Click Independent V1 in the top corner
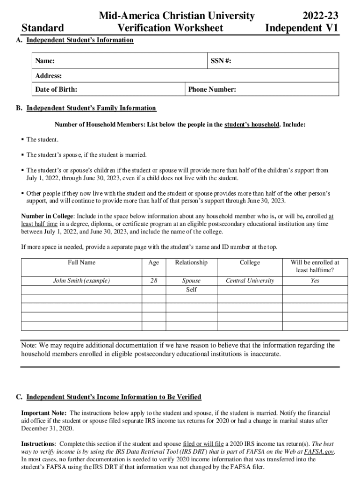coord(302,29)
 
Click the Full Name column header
coord(81,262)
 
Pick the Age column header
coord(153,262)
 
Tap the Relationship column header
coord(191,262)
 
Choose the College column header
coord(250,262)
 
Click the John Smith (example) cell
coord(81,281)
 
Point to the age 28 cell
coord(153,281)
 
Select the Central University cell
coord(250,281)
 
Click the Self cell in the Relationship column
coord(191,290)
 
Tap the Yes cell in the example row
coord(315,281)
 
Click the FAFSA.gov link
coord(319,451)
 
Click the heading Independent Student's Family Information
coord(91,108)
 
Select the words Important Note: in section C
coord(44,413)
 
